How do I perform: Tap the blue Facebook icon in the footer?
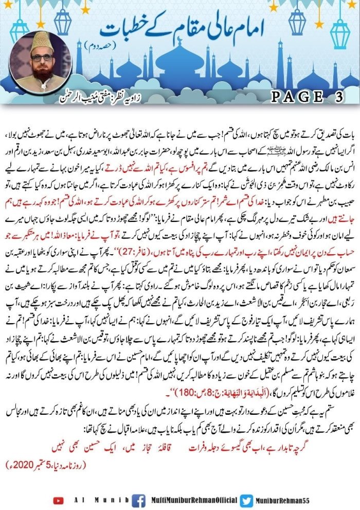138,500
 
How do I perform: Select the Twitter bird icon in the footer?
247,500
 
